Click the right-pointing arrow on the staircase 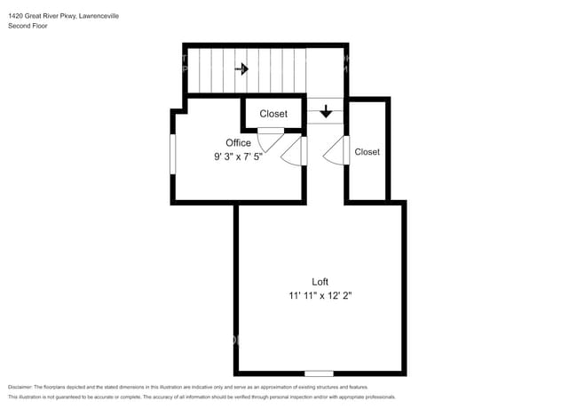(x=241, y=68)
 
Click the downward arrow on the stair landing (x=326, y=111)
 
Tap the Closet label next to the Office (x=273, y=114)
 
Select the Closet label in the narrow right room (x=367, y=152)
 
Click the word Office (x=238, y=142)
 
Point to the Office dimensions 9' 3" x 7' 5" (x=238, y=156)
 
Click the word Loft (x=320, y=281)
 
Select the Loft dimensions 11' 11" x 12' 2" (x=320, y=295)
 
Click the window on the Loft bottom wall (x=319, y=373)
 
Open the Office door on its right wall (x=293, y=152)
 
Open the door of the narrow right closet (x=336, y=152)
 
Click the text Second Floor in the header (x=28, y=26)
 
